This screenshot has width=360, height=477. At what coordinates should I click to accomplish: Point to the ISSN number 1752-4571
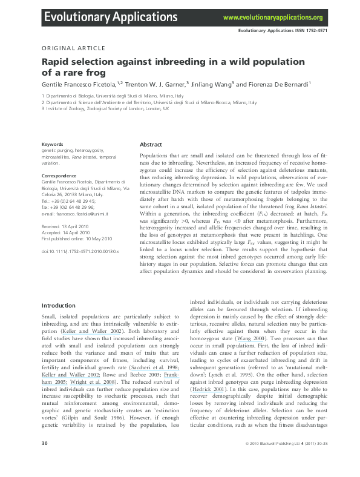click(332, 30)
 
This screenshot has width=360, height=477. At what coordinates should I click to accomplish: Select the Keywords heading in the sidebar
click(52, 144)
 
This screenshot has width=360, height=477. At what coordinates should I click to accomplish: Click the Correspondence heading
click(59, 175)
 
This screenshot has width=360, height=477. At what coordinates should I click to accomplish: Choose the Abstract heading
click(151, 145)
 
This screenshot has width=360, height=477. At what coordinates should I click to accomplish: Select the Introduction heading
click(59, 306)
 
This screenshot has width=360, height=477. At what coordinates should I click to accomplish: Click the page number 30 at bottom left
click(44, 461)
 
